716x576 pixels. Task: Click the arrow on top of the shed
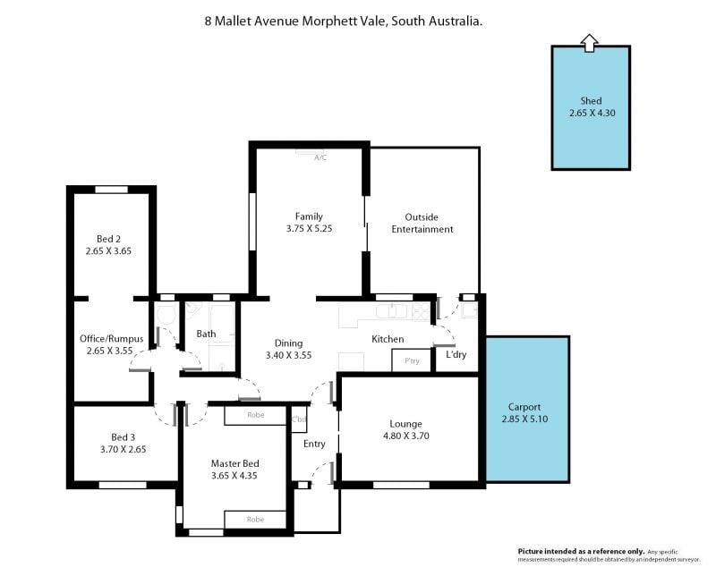point(589,43)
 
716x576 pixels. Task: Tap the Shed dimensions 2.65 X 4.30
point(592,114)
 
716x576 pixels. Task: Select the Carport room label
point(524,407)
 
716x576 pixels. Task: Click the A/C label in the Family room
point(320,158)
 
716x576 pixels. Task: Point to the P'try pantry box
point(412,360)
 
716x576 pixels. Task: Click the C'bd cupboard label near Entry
point(299,419)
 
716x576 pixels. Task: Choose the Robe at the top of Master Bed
point(256,415)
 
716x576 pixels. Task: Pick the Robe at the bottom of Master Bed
point(255,520)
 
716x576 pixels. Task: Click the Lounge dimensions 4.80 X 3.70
point(406,436)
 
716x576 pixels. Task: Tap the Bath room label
point(206,334)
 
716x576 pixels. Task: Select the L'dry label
point(456,354)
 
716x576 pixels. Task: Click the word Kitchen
point(388,339)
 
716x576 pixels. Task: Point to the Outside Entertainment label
point(422,224)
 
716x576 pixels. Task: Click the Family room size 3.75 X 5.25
point(309,229)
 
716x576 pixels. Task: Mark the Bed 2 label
point(108,239)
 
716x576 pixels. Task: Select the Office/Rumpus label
point(111,339)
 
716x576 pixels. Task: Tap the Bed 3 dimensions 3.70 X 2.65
point(124,450)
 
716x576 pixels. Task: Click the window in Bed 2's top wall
point(111,190)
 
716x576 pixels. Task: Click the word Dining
point(288,343)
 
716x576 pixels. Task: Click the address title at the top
point(344,21)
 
